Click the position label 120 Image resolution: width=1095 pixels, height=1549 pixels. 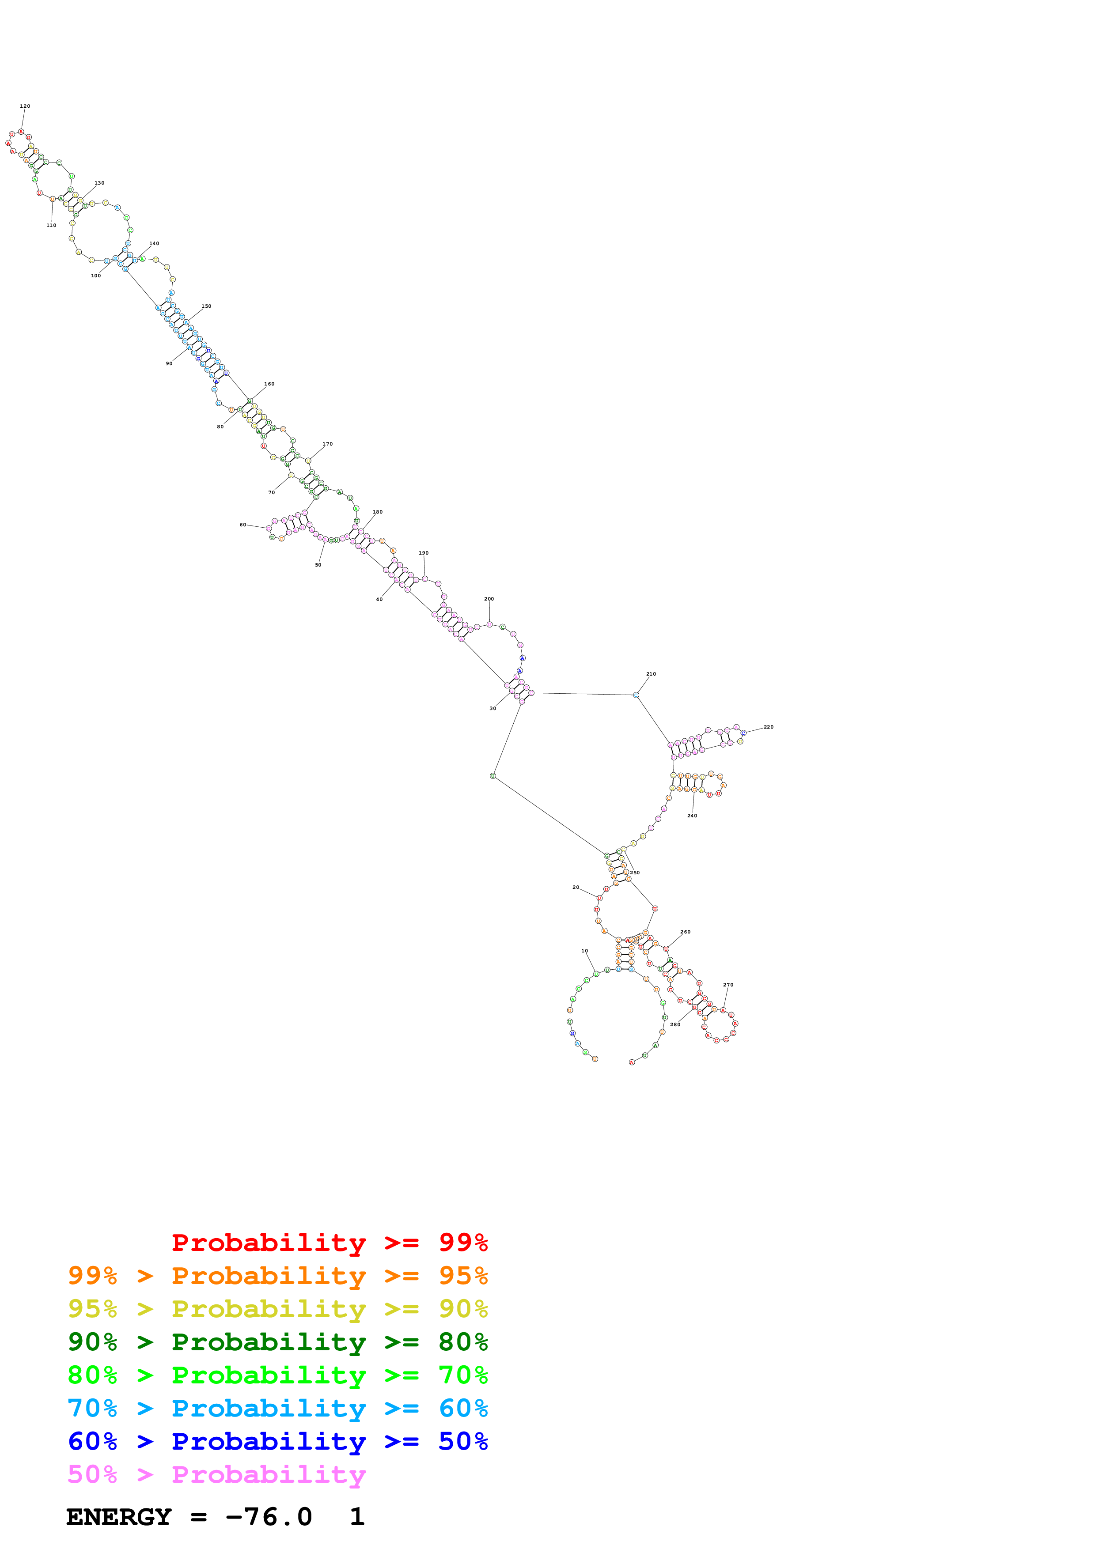[25, 106]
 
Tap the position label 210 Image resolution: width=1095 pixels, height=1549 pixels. [651, 674]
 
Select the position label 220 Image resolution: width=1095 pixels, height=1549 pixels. [769, 727]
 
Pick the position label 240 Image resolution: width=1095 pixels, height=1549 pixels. [692, 816]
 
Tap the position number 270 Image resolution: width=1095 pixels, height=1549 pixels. [728, 985]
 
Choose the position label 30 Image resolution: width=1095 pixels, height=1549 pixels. [493, 708]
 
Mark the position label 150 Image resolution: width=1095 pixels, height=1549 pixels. [206, 306]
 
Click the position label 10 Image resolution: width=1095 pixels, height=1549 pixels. [584, 951]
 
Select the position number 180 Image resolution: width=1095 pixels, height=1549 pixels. [378, 512]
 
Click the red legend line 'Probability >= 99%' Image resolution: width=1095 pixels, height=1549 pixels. [329, 1243]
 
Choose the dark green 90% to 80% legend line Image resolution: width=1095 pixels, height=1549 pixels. [277, 1342]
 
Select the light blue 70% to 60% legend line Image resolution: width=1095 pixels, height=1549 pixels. [277, 1408]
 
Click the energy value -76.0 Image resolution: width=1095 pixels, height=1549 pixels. [269, 1517]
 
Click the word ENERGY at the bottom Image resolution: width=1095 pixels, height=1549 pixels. [119, 1517]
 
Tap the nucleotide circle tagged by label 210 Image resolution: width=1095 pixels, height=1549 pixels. [636, 695]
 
